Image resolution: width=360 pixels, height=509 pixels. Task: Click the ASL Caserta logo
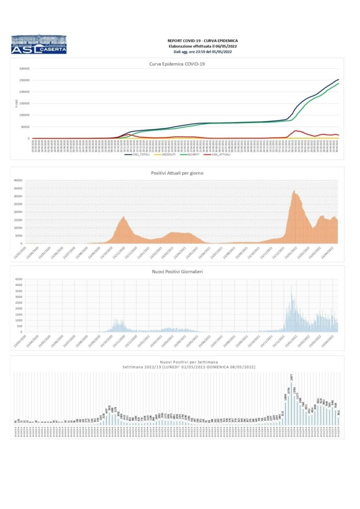38,44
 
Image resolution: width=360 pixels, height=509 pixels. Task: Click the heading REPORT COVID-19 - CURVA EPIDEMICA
202,40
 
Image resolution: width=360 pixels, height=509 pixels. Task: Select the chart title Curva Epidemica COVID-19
177,64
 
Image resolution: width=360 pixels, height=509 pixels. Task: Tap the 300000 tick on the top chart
23,69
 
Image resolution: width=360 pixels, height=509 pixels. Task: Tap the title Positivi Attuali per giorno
177,172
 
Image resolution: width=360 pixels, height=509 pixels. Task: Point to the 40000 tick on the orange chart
19,180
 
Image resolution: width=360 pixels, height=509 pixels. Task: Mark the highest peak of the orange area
294,190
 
